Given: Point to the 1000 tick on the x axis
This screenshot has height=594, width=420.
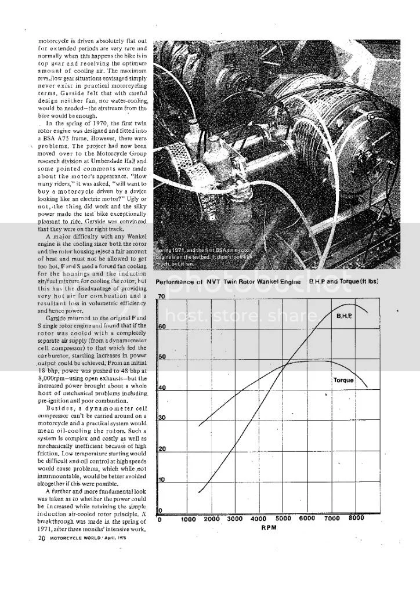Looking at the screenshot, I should coord(188,520).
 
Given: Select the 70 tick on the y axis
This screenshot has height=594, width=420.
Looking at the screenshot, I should coord(162,296).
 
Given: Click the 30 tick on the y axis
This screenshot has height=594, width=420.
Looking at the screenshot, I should coord(162,418).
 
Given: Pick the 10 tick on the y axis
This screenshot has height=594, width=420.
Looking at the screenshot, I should coord(162,480).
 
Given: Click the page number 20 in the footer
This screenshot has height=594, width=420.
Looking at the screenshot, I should coord(41,538).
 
